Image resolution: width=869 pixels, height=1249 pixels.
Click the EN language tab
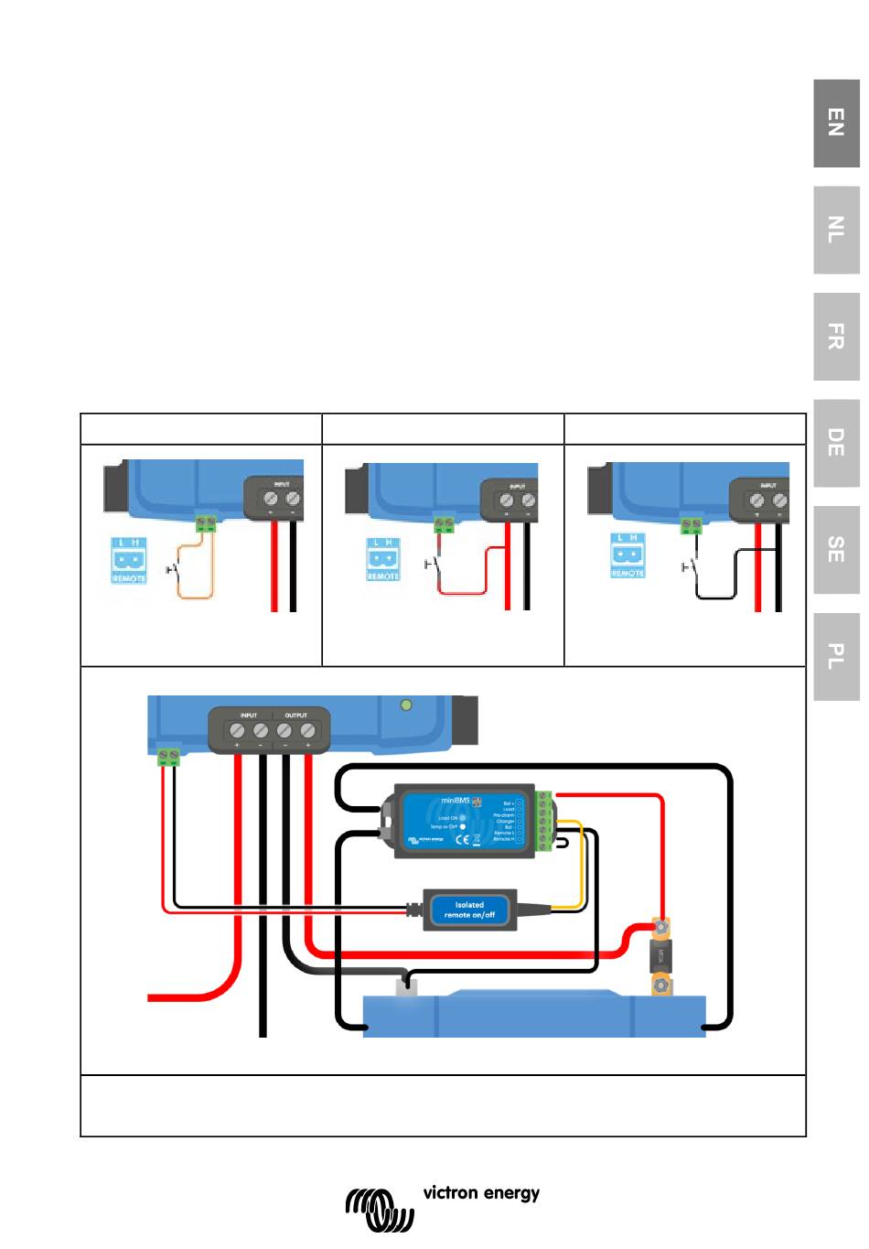836,123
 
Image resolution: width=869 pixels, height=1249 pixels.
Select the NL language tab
836,230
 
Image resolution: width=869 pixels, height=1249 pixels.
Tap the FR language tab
836,337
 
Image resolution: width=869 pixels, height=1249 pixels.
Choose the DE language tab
836,443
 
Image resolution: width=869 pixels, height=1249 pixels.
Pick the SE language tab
836,549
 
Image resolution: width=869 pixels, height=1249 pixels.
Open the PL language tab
836,656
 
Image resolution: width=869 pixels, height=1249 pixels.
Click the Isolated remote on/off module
469,910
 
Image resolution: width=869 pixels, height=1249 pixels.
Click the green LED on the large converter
407,705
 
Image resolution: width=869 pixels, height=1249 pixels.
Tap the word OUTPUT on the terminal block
295,715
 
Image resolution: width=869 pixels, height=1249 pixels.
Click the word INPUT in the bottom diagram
249,715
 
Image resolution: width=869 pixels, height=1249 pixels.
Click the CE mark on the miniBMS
463,838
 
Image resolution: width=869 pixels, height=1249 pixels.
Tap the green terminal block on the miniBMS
544,821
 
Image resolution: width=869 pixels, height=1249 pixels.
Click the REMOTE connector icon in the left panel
129,560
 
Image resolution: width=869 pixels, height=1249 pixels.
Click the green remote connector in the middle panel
444,524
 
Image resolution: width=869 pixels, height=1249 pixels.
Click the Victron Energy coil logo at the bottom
380,1210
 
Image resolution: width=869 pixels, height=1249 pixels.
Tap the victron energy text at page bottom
481,1193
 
